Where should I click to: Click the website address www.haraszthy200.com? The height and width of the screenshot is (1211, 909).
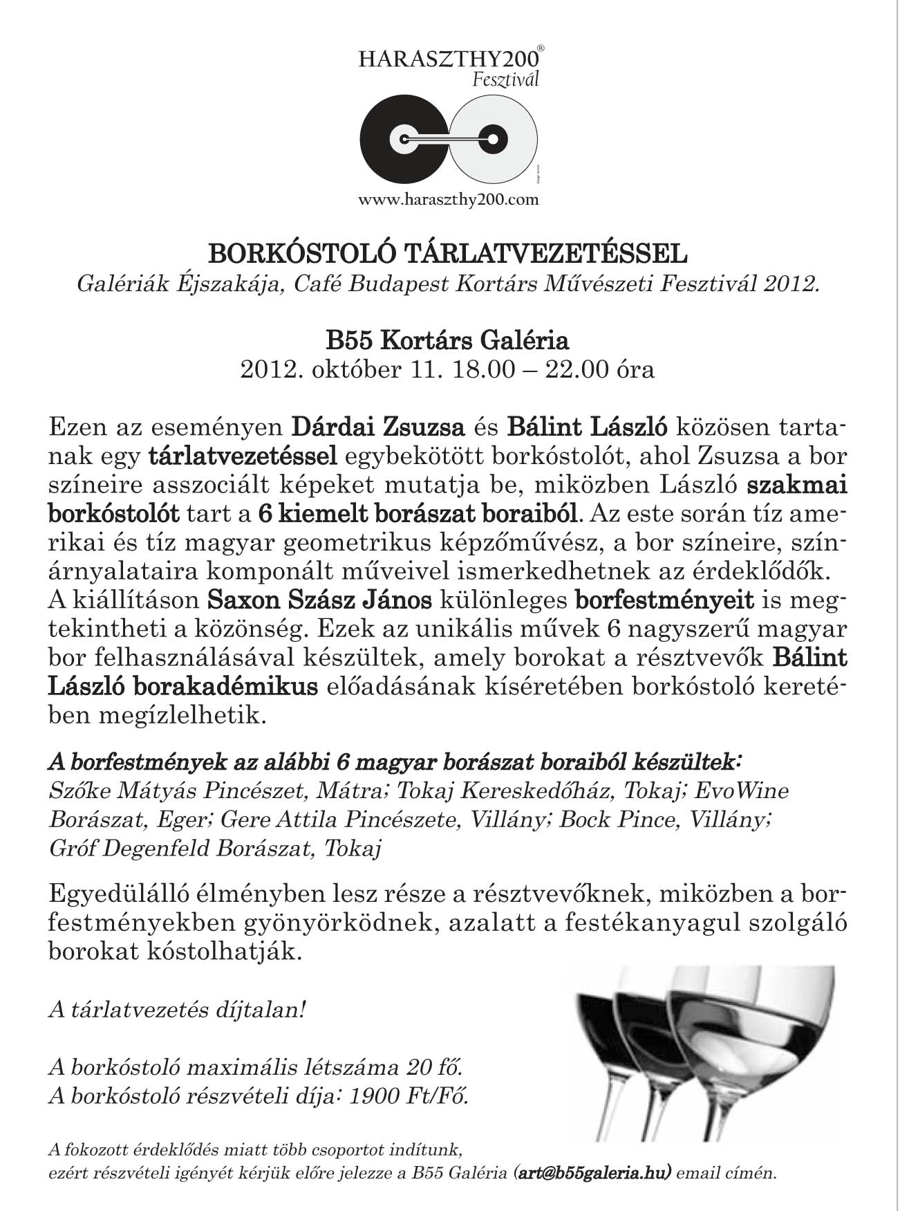point(448,200)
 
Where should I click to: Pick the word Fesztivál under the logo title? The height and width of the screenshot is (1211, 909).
point(505,80)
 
